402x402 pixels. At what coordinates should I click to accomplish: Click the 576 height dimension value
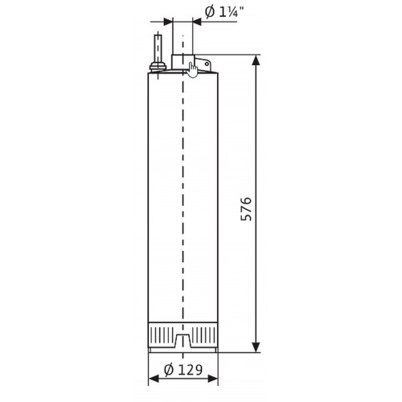246,209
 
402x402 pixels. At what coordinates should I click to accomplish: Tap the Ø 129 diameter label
183,370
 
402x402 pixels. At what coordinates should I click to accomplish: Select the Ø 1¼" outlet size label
224,12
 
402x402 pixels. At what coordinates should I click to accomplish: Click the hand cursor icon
192,69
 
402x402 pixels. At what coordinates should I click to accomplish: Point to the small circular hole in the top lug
207,64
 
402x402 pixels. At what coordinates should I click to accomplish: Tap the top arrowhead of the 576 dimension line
256,59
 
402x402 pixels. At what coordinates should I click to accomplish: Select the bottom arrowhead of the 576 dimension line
256,347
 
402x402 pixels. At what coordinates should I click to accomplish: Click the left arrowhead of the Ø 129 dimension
154,379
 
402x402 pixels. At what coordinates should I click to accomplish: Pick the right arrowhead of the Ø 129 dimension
213,379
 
